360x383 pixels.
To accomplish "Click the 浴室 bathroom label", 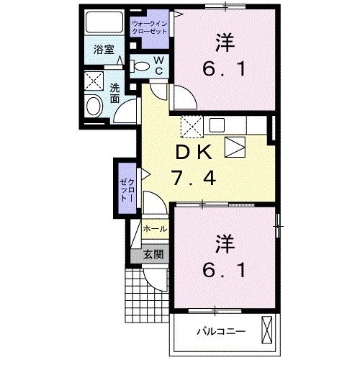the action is [x=104, y=50].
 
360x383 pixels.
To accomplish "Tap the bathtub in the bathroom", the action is [x=104, y=22].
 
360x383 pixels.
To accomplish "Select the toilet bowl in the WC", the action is [x=140, y=66].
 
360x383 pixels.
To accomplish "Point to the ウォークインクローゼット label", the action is [x=149, y=27].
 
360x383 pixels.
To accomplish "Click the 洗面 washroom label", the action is [x=114, y=94].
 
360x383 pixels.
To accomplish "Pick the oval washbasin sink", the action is [x=94, y=107].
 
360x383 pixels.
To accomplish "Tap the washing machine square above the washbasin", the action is [x=94, y=81].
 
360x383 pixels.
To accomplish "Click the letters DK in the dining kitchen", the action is [x=194, y=152].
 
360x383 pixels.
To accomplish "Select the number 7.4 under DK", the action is [x=194, y=178].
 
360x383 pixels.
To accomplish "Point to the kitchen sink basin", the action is [x=217, y=125].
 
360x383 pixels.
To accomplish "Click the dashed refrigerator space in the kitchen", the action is [x=192, y=127].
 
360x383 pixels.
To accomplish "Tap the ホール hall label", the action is [x=155, y=229].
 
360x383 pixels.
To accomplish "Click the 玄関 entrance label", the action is [x=153, y=255].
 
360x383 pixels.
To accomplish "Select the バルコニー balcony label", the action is [x=221, y=331].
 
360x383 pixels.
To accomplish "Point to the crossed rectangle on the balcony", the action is [x=266, y=330].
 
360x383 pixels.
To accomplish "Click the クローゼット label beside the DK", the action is [x=127, y=190].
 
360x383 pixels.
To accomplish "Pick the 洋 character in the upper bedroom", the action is [x=225, y=43].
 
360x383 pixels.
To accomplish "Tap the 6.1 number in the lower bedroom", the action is [x=224, y=270].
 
